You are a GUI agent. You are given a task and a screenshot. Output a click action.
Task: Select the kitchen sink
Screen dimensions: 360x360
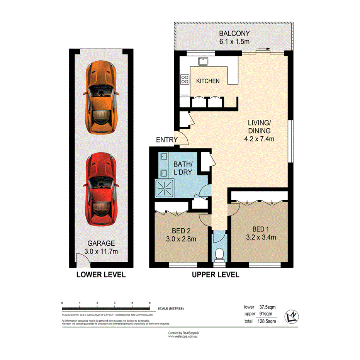point(203,61)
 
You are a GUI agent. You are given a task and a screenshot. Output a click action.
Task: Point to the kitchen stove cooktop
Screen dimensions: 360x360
point(185,80)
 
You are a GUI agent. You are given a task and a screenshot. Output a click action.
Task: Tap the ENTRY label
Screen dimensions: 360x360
point(166,140)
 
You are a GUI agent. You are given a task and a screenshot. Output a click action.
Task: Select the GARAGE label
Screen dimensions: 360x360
point(101,243)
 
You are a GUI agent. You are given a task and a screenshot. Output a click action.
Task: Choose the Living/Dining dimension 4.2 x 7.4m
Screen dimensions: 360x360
point(259,139)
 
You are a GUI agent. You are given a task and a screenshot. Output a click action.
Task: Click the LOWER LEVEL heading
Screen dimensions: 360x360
point(101,275)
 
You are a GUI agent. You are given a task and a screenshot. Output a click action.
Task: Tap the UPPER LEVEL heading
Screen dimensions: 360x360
point(216,275)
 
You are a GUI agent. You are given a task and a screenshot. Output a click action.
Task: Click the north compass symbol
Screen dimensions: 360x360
point(292,316)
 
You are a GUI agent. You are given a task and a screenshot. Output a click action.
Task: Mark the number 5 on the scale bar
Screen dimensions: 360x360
point(149,302)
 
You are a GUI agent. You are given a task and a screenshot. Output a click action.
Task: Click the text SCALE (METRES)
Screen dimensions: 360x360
point(171,309)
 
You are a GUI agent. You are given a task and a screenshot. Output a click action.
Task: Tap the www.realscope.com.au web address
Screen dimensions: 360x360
point(183,336)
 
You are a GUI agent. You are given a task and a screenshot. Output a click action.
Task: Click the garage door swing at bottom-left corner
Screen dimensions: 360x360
point(82,260)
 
